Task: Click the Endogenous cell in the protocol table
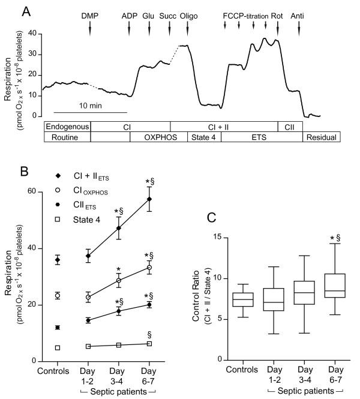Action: click(x=67, y=127)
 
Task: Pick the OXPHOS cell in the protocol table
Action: click(x=150, y=137)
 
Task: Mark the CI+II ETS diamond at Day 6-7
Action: click(x=149, y=199)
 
